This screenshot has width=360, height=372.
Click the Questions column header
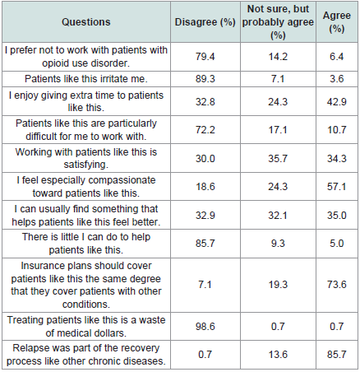[86, 22]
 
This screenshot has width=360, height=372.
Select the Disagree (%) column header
[205, 22]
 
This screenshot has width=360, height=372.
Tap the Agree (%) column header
[337, 22]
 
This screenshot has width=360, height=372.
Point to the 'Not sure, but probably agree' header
[278, 22]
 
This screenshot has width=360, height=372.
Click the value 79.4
[205, 57]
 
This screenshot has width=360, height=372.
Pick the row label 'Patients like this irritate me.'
[86, 79]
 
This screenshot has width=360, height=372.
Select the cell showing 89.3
[205, 79]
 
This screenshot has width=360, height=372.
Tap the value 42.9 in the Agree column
[337, 102]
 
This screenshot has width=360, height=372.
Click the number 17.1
[278, 130]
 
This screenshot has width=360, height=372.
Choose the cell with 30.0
[205, 159]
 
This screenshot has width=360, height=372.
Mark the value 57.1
[337, 187]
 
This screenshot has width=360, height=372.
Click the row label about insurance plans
[86, 285]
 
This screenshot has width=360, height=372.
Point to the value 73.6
[337, 285]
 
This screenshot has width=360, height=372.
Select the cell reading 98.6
[205, 327]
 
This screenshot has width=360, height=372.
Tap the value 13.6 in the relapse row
[278, 355]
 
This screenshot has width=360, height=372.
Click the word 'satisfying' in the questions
[85, 165]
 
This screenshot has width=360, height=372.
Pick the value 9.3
[278, 244]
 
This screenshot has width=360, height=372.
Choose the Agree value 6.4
[337, 57]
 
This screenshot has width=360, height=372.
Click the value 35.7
[278, 159]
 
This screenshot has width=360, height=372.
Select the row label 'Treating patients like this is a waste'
[86, 320]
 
